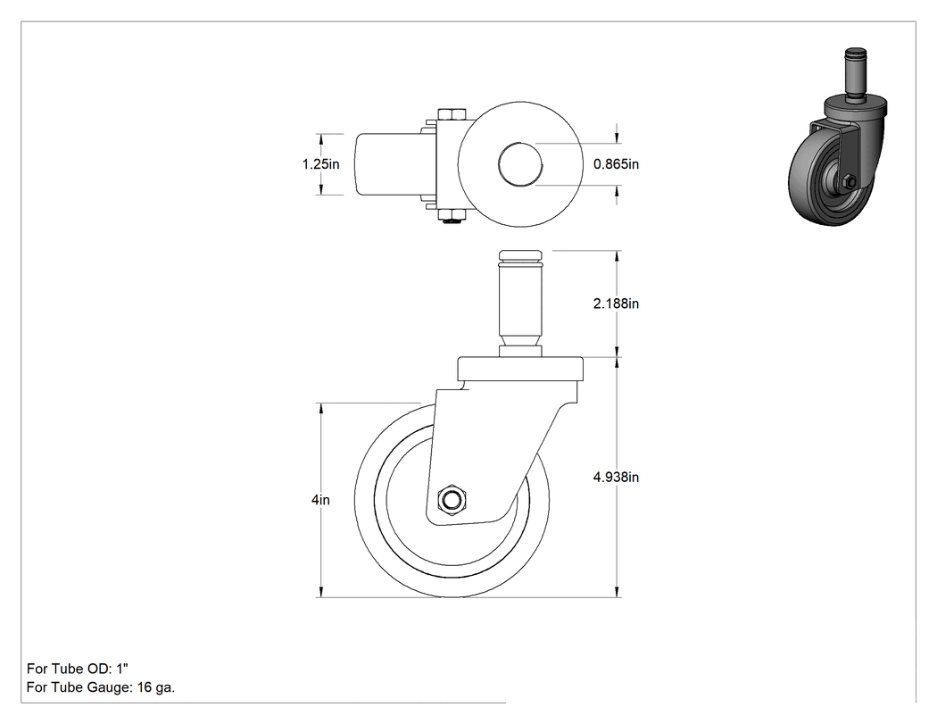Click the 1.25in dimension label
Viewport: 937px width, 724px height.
[x=321, y=163]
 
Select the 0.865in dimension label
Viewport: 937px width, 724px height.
[x=616, y=163]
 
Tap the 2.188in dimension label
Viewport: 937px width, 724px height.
[x=616, y=304]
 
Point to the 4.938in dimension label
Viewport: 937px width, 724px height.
[x=616, y=477]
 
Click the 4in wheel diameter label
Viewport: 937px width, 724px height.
[x=320, y=500]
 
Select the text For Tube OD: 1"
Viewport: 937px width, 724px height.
[x=78, y=669]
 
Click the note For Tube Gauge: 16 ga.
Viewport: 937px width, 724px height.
[x=101, y=687]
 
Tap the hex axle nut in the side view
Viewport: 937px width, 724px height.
[x=452, y=500]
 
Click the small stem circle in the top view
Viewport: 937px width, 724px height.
[x=520, y=163]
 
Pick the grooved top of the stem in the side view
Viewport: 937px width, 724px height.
[x=520, y=258]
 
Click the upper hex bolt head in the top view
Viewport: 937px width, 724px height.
[x=452, y=114]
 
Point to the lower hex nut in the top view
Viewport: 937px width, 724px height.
[x=452, y=215]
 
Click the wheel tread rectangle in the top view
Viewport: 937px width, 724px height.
[x=392, y=163]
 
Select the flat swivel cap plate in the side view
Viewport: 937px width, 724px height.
[x=520, y=370]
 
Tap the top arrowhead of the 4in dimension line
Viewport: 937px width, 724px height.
[x=321, y=409]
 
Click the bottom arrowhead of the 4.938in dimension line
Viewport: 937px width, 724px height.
[x=617, y=591]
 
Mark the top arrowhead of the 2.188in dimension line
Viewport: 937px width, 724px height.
[x=617, y=256]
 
